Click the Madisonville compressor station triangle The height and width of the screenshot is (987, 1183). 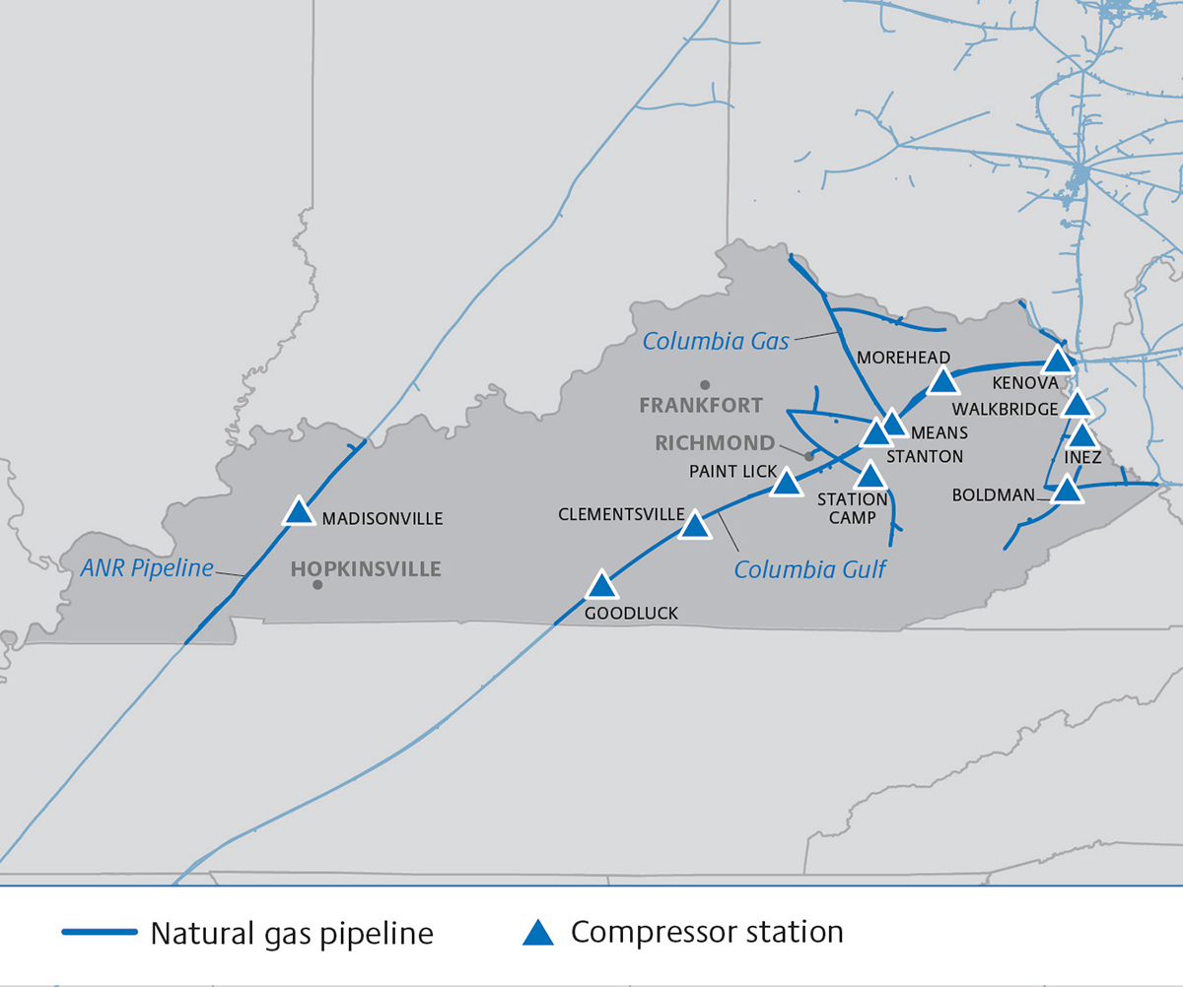click(x=298, y=512)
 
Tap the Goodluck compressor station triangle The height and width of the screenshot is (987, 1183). click(x=601, y=587)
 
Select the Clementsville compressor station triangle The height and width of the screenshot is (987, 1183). click(x=695, y=526)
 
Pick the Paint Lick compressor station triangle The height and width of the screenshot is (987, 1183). click(x=786, y=483)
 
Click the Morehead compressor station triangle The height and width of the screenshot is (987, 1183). click(x=942, y=381)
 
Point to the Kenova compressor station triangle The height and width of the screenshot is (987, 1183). click(x=1057, y=360)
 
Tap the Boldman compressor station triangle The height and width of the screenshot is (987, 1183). click(x=1066, y=490)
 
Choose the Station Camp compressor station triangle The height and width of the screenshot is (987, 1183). click(x=870, y=476)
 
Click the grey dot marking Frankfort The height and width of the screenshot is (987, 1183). click(x=704, y=384)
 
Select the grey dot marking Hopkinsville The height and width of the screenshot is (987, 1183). click(x=317, y=585)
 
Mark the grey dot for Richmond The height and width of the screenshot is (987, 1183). click(x=809, y=456)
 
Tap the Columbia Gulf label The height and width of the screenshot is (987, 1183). click(x=810, y=568)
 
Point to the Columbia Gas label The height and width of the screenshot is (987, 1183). click(x=716, y=342)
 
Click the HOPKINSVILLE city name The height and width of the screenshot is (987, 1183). click(x=366, y=569)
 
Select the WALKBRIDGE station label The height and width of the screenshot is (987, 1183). click(x=1005, y=408)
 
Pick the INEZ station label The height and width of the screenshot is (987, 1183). click(x=1082, y=458)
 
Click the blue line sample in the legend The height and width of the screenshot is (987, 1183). click(x=99, y=932)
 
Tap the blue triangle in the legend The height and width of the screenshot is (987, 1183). click(x=537, y=932)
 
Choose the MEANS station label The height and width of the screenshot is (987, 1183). click(x=939, y=432)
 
